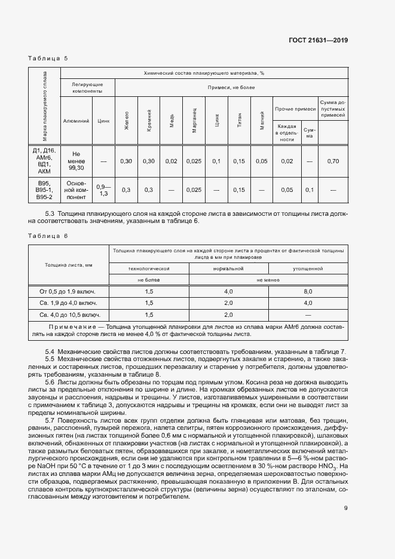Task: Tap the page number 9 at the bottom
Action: (346, 509)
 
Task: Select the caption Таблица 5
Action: (48, 58)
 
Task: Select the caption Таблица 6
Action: (48, 236)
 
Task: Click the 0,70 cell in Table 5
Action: (332, 161)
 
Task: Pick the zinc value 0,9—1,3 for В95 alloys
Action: (103, 190)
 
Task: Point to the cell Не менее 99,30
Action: (77, 161)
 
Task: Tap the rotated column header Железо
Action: (127, 120)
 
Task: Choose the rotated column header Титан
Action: (239, 120)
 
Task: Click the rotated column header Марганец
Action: (194, 120)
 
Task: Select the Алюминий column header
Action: (77, 120)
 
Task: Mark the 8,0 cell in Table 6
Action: (308, 291)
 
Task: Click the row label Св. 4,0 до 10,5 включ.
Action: (68, 314)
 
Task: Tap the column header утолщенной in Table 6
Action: (308, 269)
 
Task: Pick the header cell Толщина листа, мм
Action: (68, 264)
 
